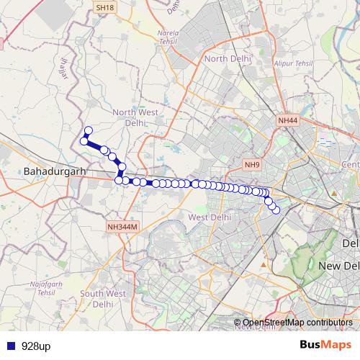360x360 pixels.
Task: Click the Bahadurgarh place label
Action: click(55, 173)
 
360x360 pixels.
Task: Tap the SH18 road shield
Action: click(104, 7)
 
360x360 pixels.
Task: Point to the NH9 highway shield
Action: click(251, 165)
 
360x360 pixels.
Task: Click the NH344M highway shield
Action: click(121, 226)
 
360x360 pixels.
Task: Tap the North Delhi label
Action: click(228, 59)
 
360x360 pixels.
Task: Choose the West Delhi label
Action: click(209, 217)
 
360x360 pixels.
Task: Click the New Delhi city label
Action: click(338, 267)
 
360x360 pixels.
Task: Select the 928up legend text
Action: click(35, 346)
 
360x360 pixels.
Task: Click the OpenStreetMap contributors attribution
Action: click(297, 322)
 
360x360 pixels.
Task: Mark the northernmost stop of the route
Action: click(89, 131)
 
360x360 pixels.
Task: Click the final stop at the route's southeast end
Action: click(276, 210)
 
